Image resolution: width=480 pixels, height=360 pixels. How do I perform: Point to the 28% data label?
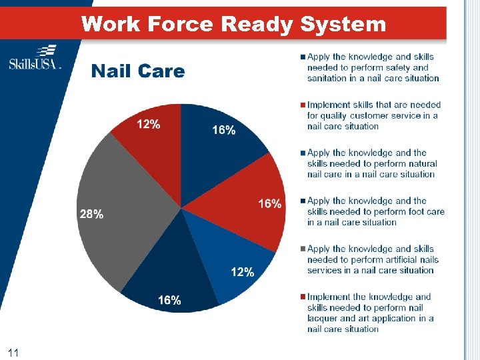pos(91,215)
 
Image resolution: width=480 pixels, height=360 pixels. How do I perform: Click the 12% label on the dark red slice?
pos(148,124)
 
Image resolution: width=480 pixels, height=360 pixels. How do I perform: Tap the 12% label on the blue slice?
pos(242,272)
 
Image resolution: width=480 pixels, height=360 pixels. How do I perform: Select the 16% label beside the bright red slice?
pos(269,204)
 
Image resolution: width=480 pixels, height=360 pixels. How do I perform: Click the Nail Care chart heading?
pos(138,71)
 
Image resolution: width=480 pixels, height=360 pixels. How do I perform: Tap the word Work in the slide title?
pos(110,25)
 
